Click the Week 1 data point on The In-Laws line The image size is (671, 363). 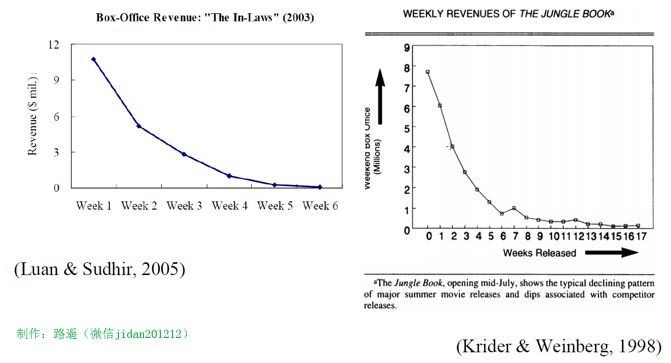(93, 59)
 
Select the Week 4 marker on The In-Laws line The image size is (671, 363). (229, 176)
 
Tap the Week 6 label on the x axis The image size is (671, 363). (320, 206)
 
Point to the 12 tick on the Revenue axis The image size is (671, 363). (54, 45)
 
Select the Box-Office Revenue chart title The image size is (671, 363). (205, 18)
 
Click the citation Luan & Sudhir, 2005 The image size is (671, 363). (100, 269)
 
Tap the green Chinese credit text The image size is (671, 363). (103, 334)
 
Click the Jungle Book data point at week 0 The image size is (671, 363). (427, 72)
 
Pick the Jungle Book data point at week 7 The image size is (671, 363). (514, 208)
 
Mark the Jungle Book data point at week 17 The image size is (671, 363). (638, 225)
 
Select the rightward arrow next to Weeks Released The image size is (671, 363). (611, 252)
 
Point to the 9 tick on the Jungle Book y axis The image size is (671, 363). (407, 48)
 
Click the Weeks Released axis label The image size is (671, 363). (539, 253)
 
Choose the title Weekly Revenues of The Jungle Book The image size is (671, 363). (508, 14)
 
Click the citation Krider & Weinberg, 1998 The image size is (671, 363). (559, 346)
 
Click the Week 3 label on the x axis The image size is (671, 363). (184, 206)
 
